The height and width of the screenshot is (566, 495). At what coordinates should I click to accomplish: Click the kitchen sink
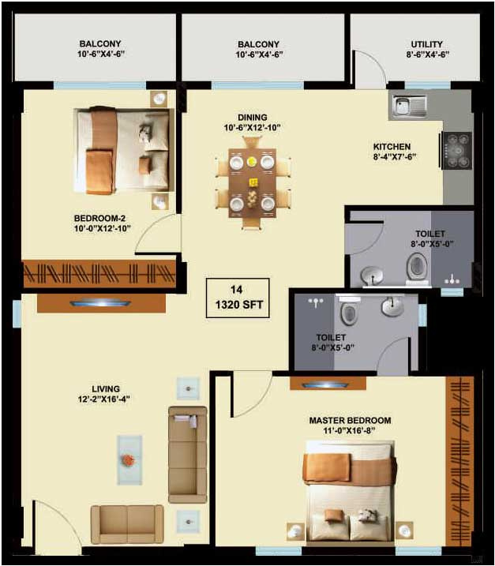[408, 104]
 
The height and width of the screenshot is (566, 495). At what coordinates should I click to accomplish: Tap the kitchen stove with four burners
[457, 150]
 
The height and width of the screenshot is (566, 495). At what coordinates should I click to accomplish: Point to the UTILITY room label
[427, 44]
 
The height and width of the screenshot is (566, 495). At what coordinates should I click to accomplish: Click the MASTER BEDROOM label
[350, 421]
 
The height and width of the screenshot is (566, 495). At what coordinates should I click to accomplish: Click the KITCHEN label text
[392, 146]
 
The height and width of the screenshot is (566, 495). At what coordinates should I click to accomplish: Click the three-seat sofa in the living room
[187, 454]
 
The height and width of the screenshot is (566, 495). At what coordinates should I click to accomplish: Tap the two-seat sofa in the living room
[126, 523]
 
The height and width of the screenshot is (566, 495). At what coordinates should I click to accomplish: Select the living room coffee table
[129, 459]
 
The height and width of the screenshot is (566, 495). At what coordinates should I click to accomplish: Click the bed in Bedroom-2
[123, 150]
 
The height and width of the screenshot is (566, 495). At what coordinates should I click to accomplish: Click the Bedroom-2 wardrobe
[99, 273]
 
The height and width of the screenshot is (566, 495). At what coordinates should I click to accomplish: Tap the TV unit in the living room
[101, 302]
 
